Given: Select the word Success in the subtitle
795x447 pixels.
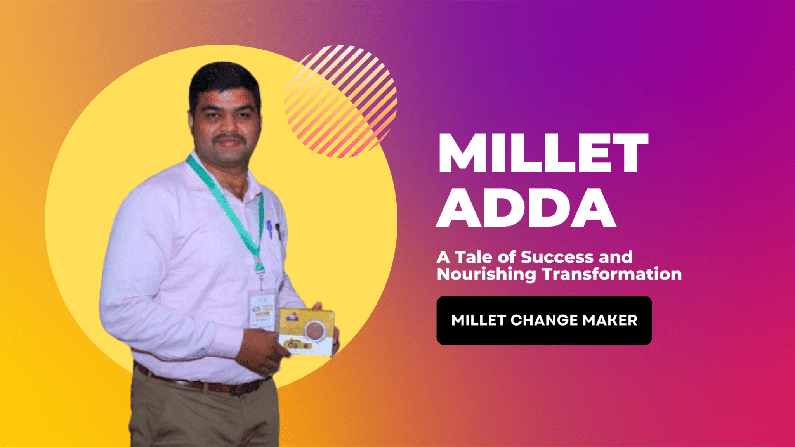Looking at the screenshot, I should [557, 257].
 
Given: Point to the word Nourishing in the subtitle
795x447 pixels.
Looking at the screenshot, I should [486, 275].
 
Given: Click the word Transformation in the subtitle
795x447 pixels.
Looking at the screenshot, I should [612, 274].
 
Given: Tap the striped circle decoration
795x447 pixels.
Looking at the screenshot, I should [341, 101].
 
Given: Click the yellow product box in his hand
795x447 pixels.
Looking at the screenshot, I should [307, 332].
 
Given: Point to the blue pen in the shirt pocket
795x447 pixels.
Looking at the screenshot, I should [269, 229].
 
